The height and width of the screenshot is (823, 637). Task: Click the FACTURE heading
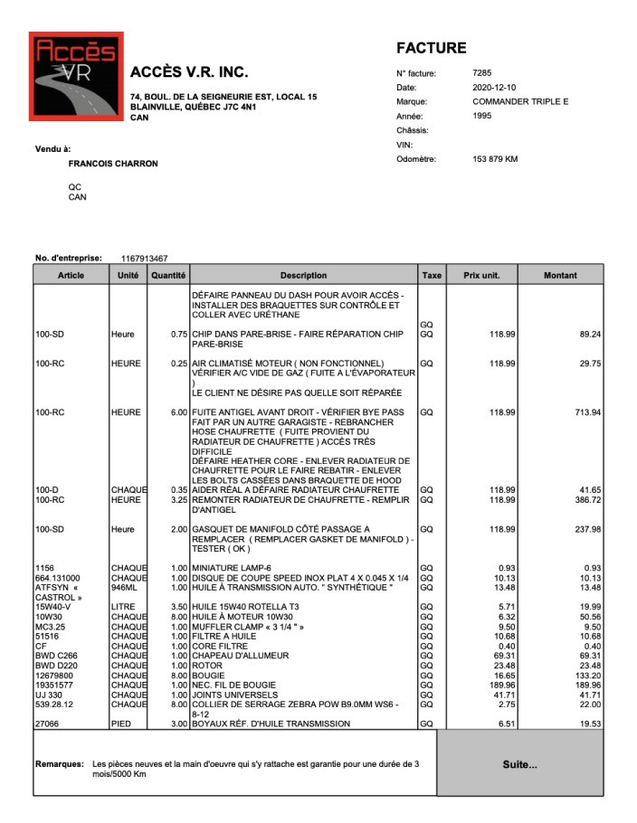click(x=431, y=48)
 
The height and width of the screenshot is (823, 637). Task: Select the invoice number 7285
click(x=482, y=72)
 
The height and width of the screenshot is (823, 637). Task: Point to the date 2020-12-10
click(x=493, y=87)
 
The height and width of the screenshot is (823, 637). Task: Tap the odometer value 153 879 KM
click(x=495, y=159)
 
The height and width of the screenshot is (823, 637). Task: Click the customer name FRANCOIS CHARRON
click(x=113, y=164)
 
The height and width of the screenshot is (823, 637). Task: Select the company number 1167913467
click(x=144, y=259)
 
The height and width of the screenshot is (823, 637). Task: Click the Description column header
click(x=303, y=275)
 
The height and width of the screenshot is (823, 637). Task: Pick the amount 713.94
click(x=589, y=412)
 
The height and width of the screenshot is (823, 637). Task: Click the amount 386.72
click(x=589, y=499)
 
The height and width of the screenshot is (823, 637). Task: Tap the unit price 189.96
click(x=489, y=685)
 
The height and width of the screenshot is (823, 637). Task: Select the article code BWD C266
click(x=56, y=655)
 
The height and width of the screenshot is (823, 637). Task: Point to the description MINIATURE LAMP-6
click(x=231, y=567)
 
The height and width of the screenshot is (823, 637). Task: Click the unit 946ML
click(x=125, y=587)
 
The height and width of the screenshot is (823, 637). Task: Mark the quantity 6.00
click(x=178, y=412)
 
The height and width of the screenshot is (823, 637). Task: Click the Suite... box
click(x=519, y=764)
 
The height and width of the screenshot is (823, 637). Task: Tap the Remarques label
click(x=60, y=764)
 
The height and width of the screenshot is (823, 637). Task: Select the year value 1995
click(x=482, y=116)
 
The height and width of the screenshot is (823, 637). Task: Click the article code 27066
click(x=47, y=724)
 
